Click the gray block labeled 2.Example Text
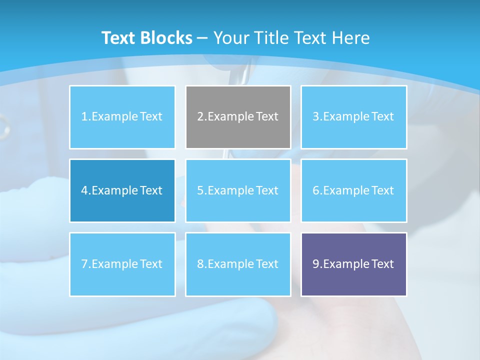[x=238, y=117]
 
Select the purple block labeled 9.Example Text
[x=353, y=264]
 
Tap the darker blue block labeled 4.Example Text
[x=122, y=190]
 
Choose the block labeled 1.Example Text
[x=122, y=117]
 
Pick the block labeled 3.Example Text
[x=353, y=117]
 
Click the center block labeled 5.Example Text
[x=238, y=190]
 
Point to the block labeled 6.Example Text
[x=353, y=190]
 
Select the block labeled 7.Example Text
[x=122, y=264]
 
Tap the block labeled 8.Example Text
[x=238, y=264]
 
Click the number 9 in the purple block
[x=316, y=264]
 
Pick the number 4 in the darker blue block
[x=84, y=190]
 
